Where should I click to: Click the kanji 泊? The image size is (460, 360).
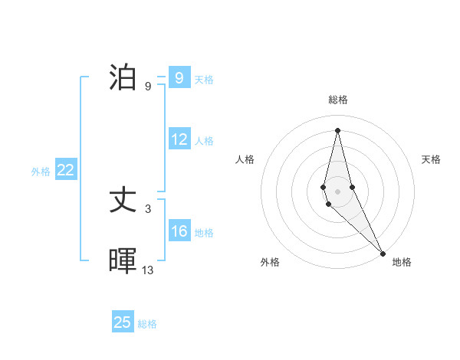pos(124,77)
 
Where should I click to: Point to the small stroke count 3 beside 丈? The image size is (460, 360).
pos(148,208)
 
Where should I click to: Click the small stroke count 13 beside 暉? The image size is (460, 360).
pos(148,270)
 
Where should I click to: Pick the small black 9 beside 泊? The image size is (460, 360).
pos(148,86)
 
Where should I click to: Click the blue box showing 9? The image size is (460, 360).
pos(179,78)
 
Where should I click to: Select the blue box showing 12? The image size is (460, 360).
pos(179,139)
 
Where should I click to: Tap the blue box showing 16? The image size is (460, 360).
pos(179,231)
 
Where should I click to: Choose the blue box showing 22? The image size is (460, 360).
pos(66,170)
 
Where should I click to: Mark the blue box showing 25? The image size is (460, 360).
pos(123,322)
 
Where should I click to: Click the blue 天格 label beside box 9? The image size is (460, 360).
pos(204,79)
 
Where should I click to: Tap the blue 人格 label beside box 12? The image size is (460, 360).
pos(204,141)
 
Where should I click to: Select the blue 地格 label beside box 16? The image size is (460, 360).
pos(204,233)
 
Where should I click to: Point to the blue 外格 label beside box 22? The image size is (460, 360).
pos(41,172)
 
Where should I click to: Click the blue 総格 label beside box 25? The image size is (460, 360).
pos(147,324)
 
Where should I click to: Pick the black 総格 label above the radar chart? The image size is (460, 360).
pos(338,100)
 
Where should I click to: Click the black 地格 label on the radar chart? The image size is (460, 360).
pos(402,262)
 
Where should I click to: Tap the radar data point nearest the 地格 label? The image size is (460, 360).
pos(383,253)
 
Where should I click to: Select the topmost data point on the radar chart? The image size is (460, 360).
pos(337,129)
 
